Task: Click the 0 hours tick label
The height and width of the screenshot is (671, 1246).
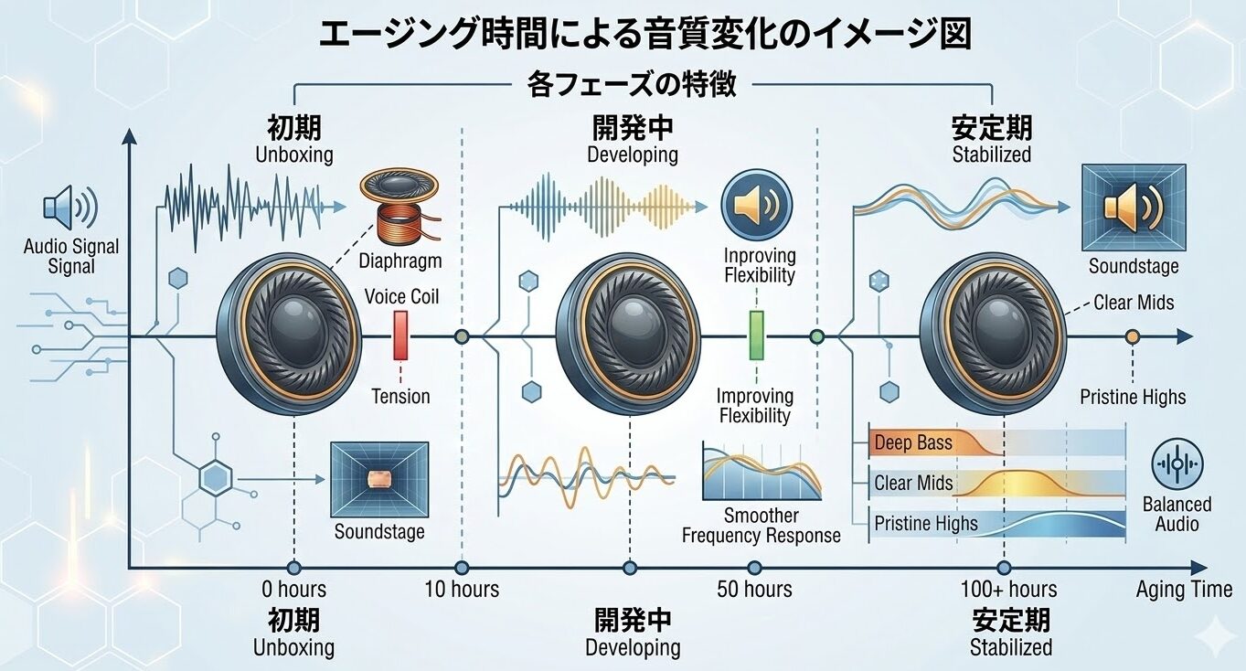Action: coord(294,589)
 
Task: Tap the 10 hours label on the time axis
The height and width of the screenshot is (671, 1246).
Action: coord(462,589)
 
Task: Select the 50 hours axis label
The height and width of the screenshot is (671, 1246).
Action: coord(754,589)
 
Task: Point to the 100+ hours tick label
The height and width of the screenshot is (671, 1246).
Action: coord(1008,589)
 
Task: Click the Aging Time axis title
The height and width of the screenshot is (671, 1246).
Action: coord(1184,590)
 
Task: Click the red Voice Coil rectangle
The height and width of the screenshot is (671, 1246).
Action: coord(400,335)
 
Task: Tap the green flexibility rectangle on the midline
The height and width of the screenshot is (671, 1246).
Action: coord(756,335)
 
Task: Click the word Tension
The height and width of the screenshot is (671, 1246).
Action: coord(400,397)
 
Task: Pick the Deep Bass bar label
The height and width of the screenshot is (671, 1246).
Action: coord(913,443)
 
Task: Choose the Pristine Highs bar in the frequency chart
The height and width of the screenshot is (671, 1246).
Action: coord(996,524)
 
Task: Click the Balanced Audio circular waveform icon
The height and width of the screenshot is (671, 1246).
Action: coord(1177,464)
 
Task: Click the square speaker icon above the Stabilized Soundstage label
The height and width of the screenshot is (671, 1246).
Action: coord(1134,208)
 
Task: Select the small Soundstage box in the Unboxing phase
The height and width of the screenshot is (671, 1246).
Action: coord(379,478)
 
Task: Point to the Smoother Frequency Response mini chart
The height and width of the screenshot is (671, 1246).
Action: coord(761,470)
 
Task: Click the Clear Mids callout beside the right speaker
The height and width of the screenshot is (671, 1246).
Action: coord(1134,303)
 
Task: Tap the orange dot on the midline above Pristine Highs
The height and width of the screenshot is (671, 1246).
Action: coord(1133,337)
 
